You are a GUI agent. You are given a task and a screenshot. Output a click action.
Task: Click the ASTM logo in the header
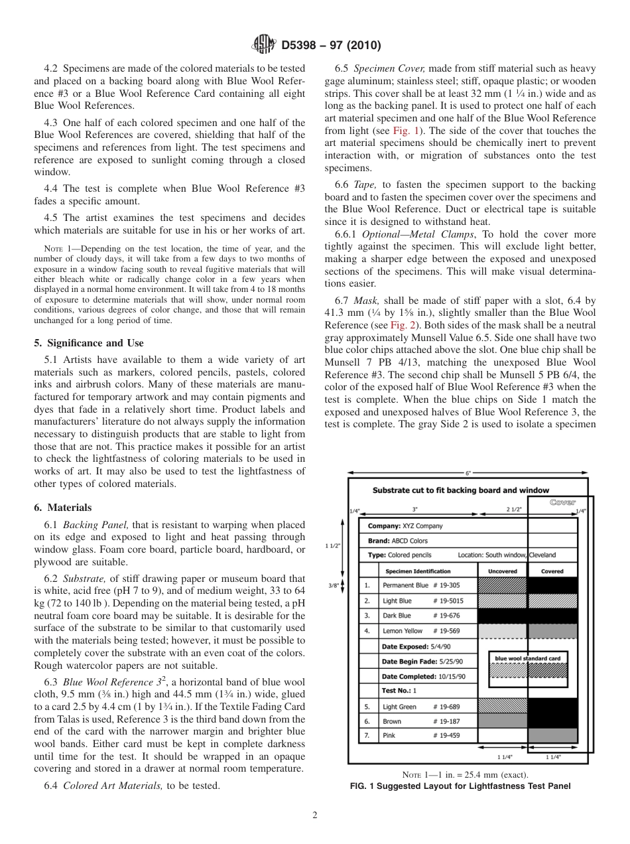click(263, 46)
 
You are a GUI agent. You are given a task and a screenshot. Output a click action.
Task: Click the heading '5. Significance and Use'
click(88, 343)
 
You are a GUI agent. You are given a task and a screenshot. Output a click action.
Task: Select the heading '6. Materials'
click(62, 508)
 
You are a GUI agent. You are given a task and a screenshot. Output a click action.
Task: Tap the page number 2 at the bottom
click(314, 815)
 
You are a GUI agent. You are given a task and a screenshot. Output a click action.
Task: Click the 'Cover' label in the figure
click(562, 502)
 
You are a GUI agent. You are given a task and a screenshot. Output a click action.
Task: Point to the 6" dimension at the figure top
click(468, 473)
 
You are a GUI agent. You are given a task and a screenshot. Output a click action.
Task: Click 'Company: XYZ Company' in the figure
click(405, 526)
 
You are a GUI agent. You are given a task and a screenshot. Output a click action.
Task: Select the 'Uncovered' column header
click(502, 571)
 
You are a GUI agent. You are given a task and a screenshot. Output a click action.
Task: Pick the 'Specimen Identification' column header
click(418, 571)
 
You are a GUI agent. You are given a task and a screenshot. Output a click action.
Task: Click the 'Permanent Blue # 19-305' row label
click(420, 585)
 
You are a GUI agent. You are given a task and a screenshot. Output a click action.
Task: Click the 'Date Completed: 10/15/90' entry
click(419, 676)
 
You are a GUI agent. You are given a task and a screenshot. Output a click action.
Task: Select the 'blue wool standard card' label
click(529, 658)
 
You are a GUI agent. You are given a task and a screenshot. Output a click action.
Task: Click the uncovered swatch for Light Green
click(502, 706)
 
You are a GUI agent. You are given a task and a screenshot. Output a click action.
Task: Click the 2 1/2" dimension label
click(514, 510)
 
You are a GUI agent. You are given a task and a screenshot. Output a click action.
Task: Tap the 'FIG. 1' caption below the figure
click(459, 786)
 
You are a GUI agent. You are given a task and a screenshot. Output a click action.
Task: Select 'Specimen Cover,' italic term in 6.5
click(377, 69)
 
